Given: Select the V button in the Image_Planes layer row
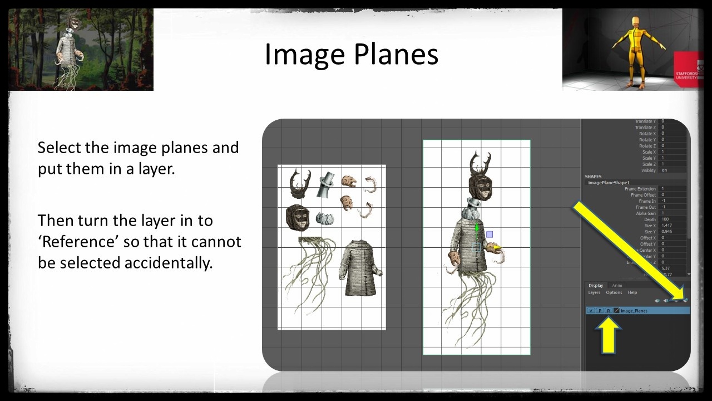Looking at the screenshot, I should click(591, 311).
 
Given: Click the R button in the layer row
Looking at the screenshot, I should click(608, 311).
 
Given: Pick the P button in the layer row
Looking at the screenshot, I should click(600, 311).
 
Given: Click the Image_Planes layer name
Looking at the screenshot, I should click(634, 311).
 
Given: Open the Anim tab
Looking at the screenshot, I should click(617, 286).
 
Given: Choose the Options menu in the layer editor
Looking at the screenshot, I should click(614, 292).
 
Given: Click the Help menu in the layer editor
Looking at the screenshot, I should click(632, 292).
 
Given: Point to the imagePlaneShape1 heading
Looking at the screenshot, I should click(609, 183).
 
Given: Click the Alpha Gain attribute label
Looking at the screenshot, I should click(646, 213).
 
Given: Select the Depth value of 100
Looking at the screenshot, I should click(665, 219).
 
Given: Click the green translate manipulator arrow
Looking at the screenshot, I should click(477, 228).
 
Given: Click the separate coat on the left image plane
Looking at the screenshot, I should click(359, 267).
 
